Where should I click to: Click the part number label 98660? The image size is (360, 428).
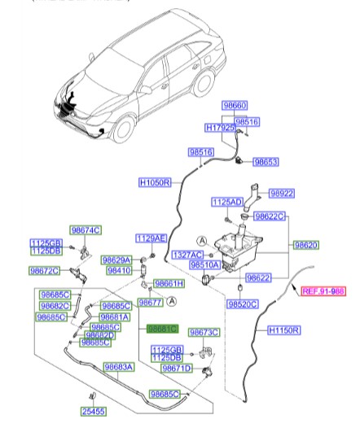coord(235,106)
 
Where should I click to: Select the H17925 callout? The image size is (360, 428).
coord(220,129)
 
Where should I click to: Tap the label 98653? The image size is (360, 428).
coord(266,162)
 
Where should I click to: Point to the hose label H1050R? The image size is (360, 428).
coord(155,183)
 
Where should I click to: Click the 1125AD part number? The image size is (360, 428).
coord(227,201)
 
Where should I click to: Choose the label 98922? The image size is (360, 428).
coord(282,194)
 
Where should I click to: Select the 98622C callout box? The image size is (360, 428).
coord(269,216)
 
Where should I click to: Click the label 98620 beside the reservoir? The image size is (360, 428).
coord(306,244)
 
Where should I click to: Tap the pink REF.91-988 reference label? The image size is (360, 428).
coord(323,290)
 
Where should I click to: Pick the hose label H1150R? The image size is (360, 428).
coord(285,331)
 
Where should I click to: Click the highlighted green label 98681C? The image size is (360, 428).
coord(161,330)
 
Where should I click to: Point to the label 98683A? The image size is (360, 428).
coord(118,368)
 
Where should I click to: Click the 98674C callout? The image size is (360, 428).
coord(85,231)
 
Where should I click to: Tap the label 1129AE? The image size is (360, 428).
coord(151,238)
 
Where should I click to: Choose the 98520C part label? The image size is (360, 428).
coord(243,304)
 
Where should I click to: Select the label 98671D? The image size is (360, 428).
coord(176,369)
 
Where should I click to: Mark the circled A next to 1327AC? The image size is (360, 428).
coord(201,240)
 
